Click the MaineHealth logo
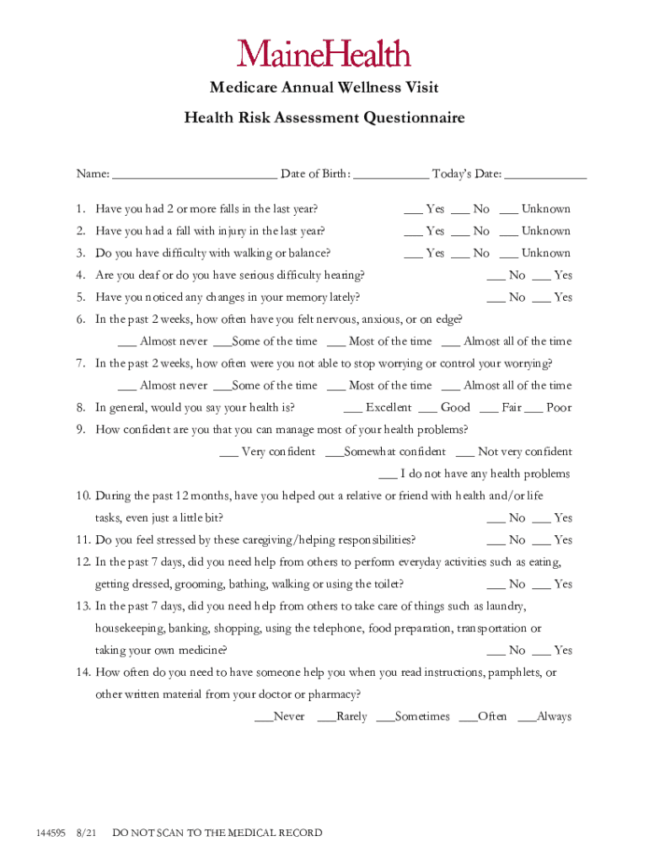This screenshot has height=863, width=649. coord(324,54)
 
